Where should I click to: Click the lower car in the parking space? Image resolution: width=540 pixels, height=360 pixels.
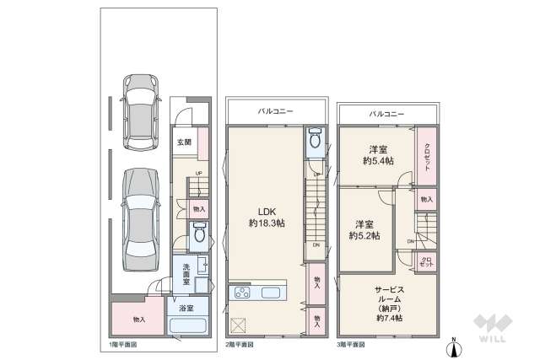139,215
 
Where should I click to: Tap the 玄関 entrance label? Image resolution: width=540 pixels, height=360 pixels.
184,142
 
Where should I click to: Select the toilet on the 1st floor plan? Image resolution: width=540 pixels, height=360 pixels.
199,236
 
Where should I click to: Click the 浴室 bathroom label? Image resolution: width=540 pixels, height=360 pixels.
186,309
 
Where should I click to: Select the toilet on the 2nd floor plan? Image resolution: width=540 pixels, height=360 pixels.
314,141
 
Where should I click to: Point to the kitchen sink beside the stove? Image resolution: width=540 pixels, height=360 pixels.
273,293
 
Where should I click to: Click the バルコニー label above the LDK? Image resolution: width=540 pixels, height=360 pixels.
274,110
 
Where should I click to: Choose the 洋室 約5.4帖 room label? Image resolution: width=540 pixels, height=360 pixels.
378,153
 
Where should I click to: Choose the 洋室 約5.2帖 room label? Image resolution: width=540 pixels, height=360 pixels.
365,230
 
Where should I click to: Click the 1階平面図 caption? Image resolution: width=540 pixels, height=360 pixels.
122,345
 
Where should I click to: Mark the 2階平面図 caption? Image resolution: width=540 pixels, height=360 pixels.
240,345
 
